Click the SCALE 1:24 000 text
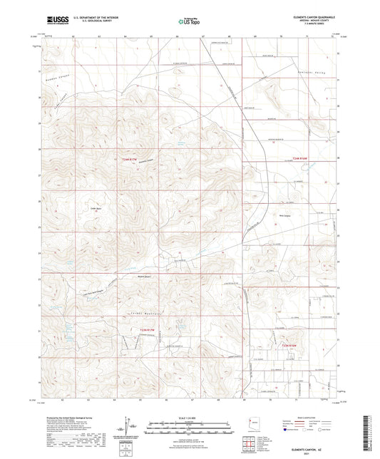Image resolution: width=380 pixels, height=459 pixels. pos(188,417)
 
